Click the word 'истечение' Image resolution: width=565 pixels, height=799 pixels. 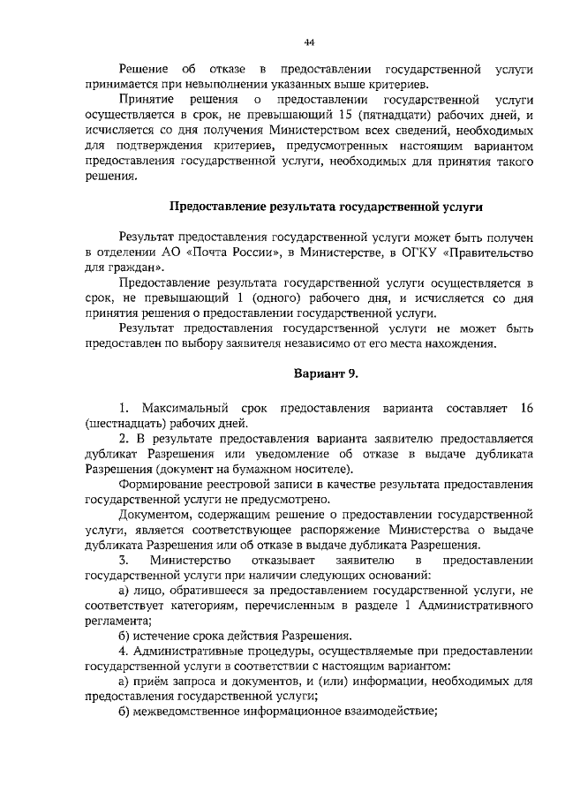164,635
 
